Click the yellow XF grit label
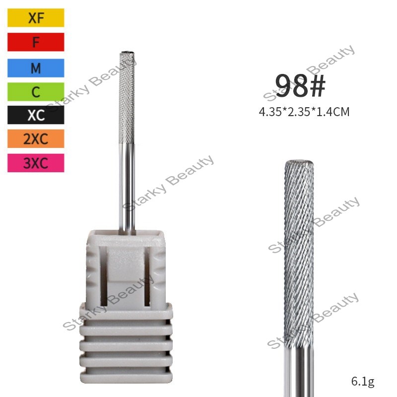pos(36,18)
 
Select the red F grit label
pos(36,42)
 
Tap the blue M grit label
pos(36,68)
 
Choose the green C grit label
pos(36,92)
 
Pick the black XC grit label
pos(36,115)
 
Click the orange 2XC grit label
pos(36,139)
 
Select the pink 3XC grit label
pos(36,163)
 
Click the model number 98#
pos(300,85)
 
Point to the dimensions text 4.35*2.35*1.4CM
pos(304,112)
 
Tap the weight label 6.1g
pos(363,381)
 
